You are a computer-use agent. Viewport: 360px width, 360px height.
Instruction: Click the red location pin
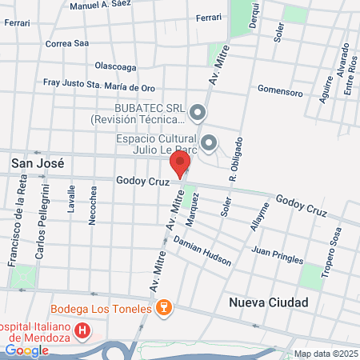180,166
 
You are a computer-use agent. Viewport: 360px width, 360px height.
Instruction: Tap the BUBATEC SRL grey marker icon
198,111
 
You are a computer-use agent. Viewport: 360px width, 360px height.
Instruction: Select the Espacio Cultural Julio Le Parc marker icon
210,144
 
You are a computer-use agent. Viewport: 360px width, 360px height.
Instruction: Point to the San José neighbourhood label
36,162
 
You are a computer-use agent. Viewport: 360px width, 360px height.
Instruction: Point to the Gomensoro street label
281,93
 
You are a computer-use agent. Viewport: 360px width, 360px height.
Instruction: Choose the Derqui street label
255,17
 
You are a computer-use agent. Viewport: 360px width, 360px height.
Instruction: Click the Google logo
26,350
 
